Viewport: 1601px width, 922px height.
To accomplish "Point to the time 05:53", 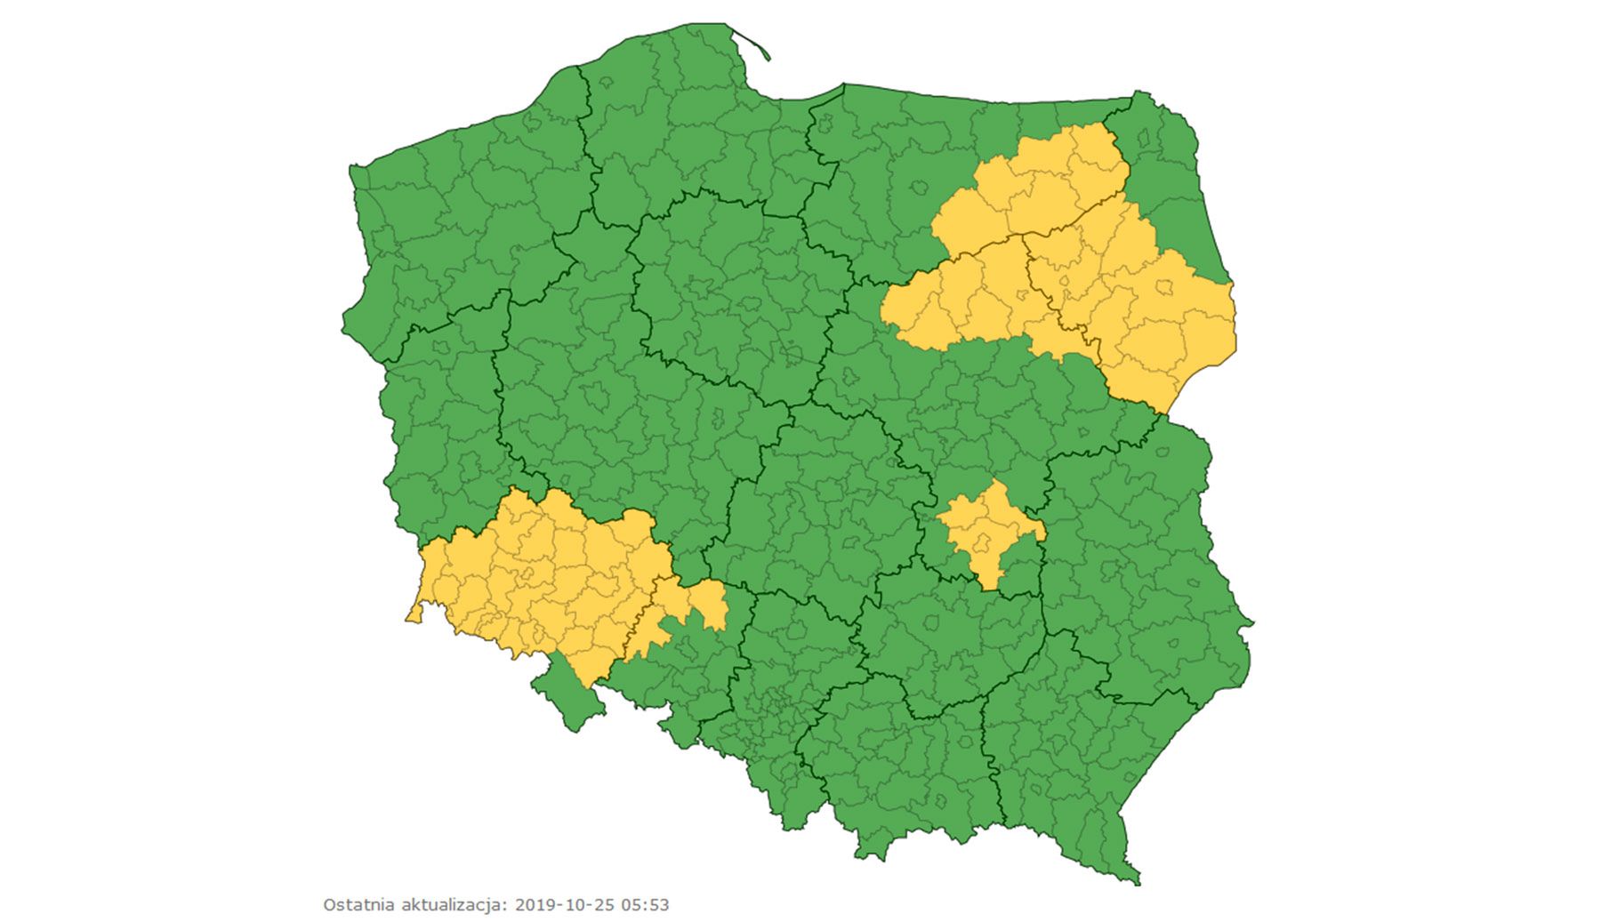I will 645,905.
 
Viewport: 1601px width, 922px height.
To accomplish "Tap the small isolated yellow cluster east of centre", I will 987,529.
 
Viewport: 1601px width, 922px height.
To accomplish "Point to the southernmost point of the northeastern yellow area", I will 1161,412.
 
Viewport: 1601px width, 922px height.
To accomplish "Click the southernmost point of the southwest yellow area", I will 588,685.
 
